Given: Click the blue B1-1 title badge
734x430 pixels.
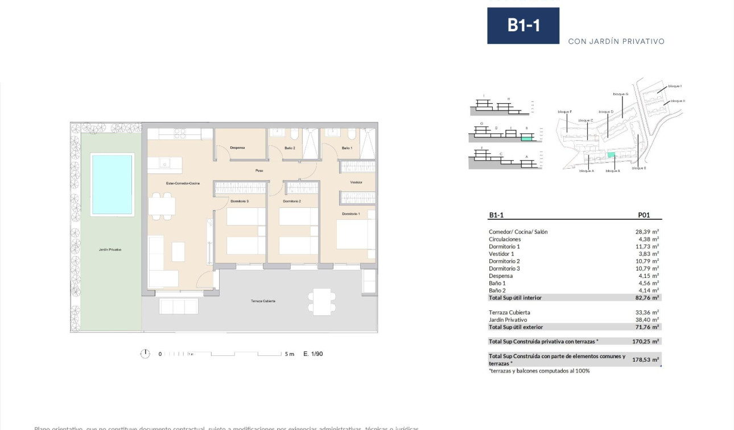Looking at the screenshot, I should [x=523, y=26].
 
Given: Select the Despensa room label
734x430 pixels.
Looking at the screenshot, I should [x=237, y=148].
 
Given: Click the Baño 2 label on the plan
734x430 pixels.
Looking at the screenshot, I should [x=290, y=148].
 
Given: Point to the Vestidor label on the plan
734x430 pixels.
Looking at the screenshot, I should [x=356, y=182].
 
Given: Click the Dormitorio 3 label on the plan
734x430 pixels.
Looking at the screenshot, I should [x=240, y=201].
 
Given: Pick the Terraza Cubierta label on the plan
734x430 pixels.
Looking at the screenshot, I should [x=263, y=301].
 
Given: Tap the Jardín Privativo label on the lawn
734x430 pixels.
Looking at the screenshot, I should [x=110, y=249].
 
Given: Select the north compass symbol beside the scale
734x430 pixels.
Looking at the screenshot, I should [x=145, y=354].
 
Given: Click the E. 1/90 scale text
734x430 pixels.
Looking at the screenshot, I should [x=313, y=354].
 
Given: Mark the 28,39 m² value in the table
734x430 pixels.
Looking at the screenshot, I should [x=647, y=232].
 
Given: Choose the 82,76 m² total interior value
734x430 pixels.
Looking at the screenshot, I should [x=647, y=297].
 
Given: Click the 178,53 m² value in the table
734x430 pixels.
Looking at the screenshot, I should [x=647, y=360].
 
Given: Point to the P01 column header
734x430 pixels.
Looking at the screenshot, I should [x=644, y=216].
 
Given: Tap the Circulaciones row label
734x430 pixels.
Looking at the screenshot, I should [x=505, y=239].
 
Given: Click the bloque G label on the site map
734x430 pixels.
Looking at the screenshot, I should [x=620, y=94].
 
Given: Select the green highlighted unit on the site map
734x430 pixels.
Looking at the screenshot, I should [x=611, y=155].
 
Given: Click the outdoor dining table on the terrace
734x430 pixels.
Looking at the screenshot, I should [x=322, y=301].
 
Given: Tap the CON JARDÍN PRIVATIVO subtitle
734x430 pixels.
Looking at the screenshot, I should [x=616, y=41].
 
